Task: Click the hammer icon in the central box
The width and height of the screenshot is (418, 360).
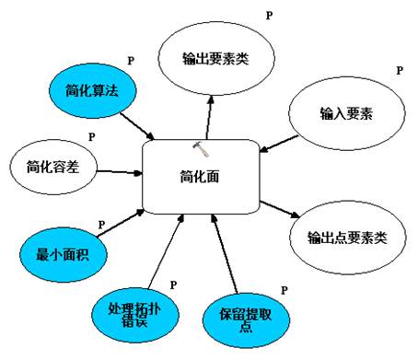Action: pyautogui.click(x=201, y=149)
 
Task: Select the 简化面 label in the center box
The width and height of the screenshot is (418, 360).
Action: pyautogui.click(x=200, y=177)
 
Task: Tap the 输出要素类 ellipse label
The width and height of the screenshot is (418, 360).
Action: pyautogui.click(x=215, y=58)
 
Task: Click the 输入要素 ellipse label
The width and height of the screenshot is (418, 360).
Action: pyautogui.click(x=346, y=113)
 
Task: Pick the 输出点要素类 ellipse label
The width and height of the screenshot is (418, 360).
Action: pyautogui.click(x=347, y=238)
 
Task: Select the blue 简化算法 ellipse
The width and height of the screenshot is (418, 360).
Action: pyautogui.click(x=92, y=91)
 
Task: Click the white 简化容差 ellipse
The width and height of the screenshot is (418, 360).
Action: pyautogui.click(x=53, y=167)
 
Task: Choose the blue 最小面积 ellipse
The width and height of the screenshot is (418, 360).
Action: pyautogui.click(x=64, y=254)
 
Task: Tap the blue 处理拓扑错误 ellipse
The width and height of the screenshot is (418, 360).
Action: pyautogui.click(x=135, y=315)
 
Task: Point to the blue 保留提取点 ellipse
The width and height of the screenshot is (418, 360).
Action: pyautogui.click(x=246, y=320)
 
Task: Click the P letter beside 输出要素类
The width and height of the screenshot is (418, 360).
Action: pyautogui.click(x=269, y=16)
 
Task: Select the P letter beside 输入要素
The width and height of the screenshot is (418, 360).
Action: pyautogui.click(x=400, y=71)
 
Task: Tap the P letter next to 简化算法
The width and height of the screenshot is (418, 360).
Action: pyautogui.click(x=131, y=61)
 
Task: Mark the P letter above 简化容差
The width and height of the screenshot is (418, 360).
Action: pyautogui.click(x=91, y=137)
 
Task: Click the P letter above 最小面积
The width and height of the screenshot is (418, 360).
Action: pyautogui.click(x=101, y=225)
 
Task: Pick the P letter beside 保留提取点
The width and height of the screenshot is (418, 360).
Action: pyautogui.click(x=284, y=290)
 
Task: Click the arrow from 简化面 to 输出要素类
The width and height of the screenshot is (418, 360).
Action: pyautogui.click(x=209, y=117)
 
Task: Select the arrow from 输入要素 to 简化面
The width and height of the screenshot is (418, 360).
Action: pyautogui.click(x=279, y=144)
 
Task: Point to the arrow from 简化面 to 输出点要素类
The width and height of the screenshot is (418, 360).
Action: pyautogui.click(x=280, y=209)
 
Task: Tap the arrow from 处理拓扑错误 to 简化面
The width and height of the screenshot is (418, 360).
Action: pyautogui.click(x=166, y=251)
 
